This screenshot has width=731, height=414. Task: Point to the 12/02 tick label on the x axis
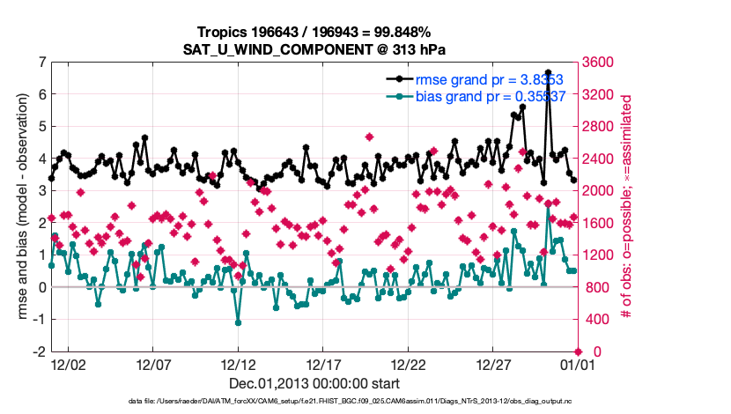coord(68,364)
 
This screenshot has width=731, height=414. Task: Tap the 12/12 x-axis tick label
coord(238,364)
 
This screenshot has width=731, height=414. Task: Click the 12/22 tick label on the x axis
coord(409,364)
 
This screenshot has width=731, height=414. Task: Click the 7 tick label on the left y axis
coord(41,63)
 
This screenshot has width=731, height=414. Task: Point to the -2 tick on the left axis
coord(40,351)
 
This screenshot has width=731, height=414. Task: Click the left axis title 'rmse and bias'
coord(22,206)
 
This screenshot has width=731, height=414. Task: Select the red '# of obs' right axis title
coord(627,206)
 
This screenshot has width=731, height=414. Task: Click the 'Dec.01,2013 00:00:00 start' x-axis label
coord(314,383)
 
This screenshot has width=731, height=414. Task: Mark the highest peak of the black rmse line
coord(548,72)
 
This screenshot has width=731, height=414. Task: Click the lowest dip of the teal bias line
coord(238,322)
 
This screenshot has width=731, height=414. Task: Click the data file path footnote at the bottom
coord(314,401)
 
